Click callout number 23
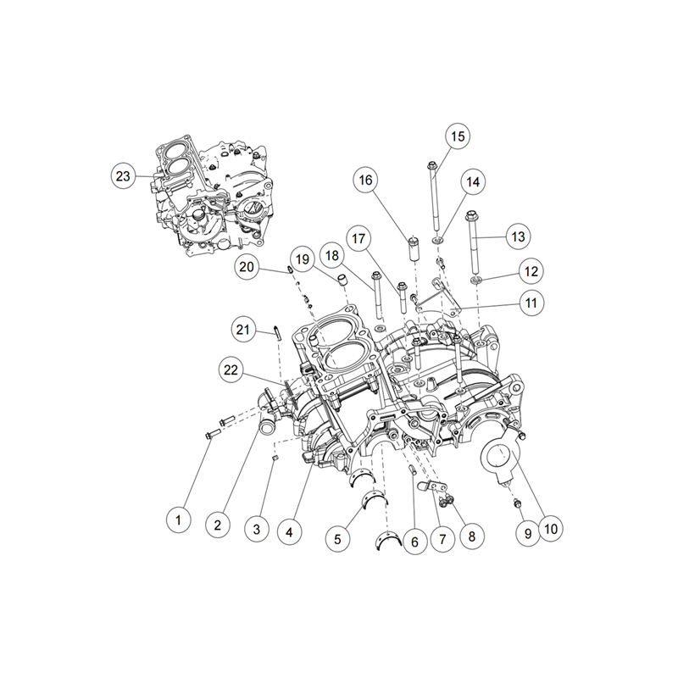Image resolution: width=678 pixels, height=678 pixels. coord(124,176)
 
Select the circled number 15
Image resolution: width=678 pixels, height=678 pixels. coord(457,136)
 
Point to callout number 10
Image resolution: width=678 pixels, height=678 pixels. coord(550,531)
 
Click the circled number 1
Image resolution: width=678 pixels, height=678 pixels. coord(178,520)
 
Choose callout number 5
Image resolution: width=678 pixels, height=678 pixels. coord(337,536)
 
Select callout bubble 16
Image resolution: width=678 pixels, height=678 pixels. coord(365,181)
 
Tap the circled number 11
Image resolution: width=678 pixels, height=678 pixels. coord(531,302)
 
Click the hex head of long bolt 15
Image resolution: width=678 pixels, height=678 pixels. coord(433,164)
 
